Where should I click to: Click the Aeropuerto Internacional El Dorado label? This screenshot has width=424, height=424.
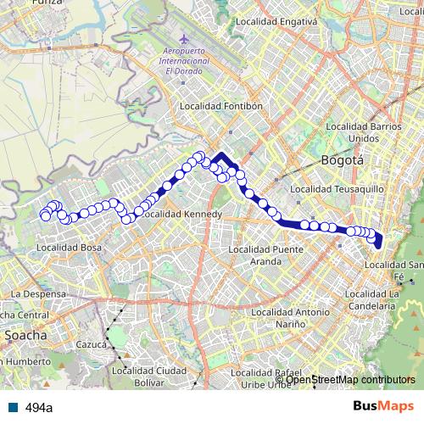pyautogui.click(x=184, y=62)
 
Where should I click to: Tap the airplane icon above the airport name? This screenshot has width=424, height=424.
pyautogui.click(x=185, y=40)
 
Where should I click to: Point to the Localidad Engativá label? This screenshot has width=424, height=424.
pyautogui.click(x=276, y=21)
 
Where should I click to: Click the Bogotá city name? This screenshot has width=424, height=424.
pyautogui.click(x=343, y=159)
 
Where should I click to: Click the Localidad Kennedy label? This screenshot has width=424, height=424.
pyautogui.click(x=181, y=215)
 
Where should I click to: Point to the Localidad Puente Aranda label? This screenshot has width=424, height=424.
pyautogui.click(x=254, y=255)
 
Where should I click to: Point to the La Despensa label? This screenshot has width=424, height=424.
pyautogui.click(x=37, y=293)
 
